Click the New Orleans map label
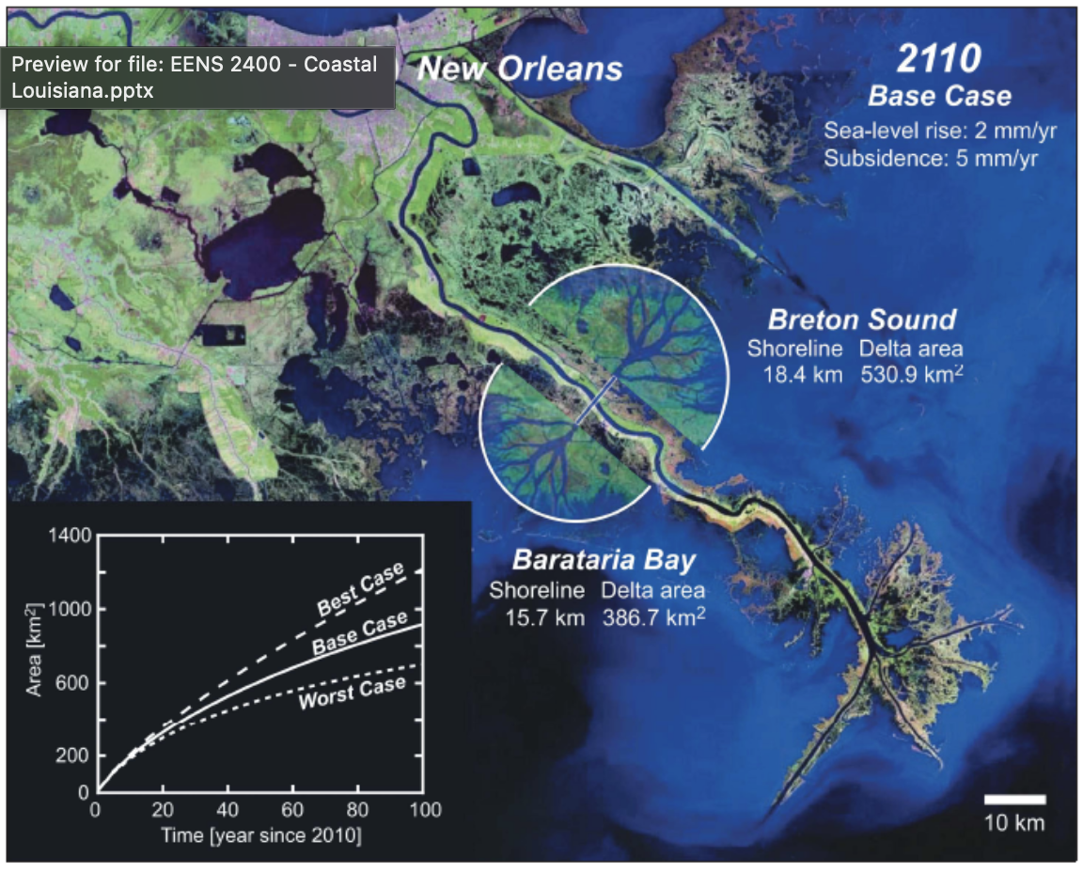click(x=520, y=69)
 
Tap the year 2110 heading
click(x=937, y=59)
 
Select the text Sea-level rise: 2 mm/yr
click(x=931, y=131)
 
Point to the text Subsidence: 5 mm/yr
click(x=931, y=158)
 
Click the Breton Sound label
click(x=861, y=319)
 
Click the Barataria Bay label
click(x=604, y=561)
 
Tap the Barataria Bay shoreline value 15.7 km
click(x=537, y=617)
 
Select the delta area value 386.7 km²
click(x=653, y=617)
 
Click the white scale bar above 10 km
click(x=1014, y=800)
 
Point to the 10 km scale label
click(x=1014, y=822)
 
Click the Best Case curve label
click(x=360, y=590)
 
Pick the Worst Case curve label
click(x=353, y=692)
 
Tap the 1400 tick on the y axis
click(x=71, y=536)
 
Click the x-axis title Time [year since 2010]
click(x=260, y=834)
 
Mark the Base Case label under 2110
click(x=939, y=96)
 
